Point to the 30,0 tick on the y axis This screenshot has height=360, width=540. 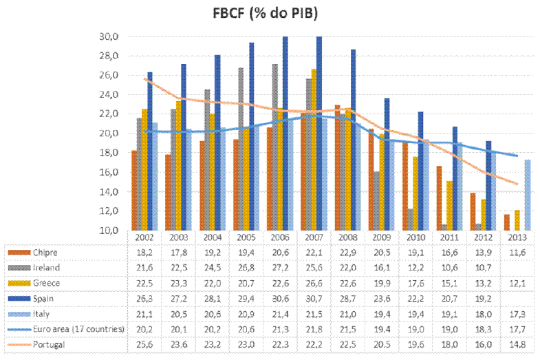coord(111,36)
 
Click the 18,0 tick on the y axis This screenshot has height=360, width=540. coord(111,153)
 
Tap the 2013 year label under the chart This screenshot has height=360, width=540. coord(517,237)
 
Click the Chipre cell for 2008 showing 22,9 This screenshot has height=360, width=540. coord(347,252)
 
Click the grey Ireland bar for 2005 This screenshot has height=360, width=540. coord(241,149)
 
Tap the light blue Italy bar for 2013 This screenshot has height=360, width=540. coord(528,195)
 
